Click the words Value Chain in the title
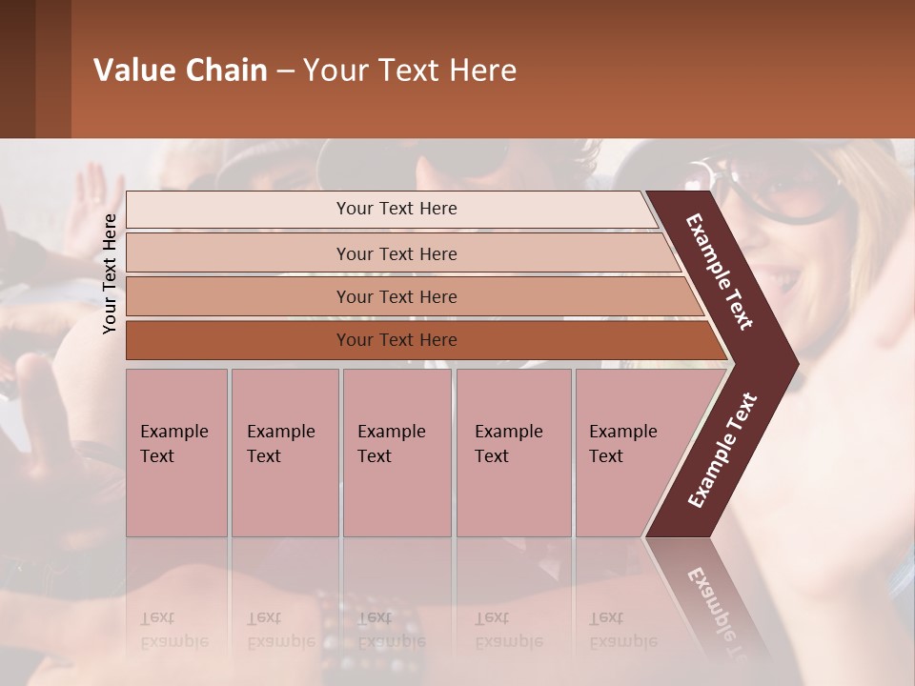click(x=180, y=71)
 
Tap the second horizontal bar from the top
click(x=396, y=253)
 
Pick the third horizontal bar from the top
click(x=396, y=296)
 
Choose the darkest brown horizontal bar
click(x=396, y=340)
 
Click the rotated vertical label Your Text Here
click(x=110, y=273)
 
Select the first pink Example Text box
click(x=176, y=452)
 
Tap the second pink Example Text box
click(x=284, y=452)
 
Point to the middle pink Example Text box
click(x=396, y=452)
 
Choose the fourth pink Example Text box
click(x=513, y=452)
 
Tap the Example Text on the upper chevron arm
click(x=720, y=272)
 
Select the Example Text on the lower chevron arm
click(x=722, y=451)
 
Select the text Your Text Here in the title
click(x=410, y=71)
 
